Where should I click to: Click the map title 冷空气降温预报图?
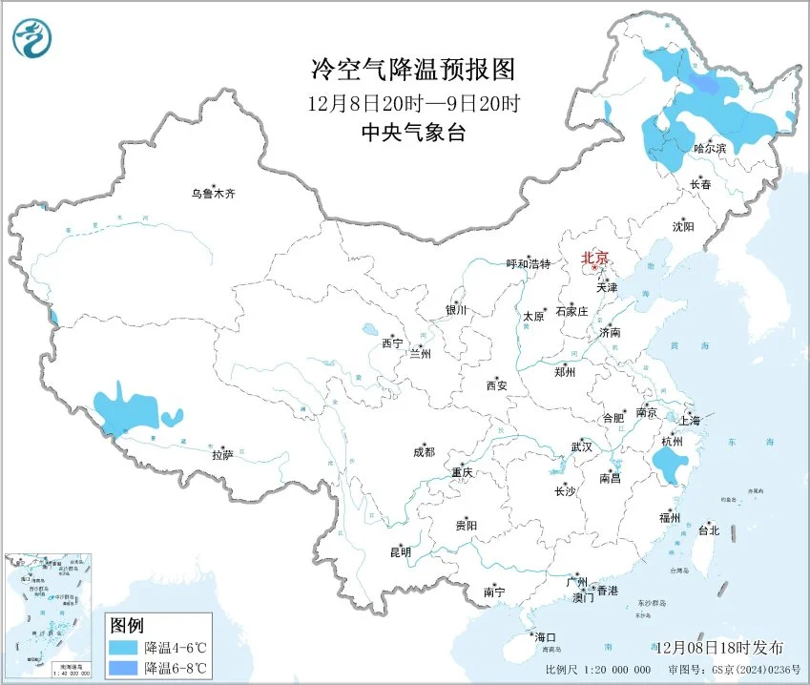413,70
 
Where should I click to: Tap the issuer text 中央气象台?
413,134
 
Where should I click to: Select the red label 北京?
595,258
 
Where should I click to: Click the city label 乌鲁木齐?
212,194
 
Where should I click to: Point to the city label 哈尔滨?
710,148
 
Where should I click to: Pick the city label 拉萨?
222,455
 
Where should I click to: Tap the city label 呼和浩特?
528,264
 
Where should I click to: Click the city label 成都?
424,452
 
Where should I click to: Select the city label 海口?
544,636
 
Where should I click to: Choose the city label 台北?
709,529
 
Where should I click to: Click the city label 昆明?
400,551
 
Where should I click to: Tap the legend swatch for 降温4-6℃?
123,647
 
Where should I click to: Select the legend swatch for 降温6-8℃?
123,667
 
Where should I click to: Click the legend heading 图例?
126,626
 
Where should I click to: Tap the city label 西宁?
392,342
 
